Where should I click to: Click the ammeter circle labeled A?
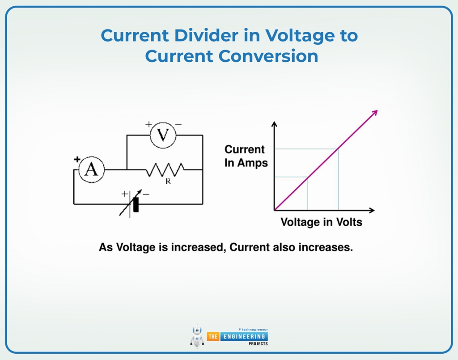click(91, 169)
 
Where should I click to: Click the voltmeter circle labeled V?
click(163, 135)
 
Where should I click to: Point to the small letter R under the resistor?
click(168, 182)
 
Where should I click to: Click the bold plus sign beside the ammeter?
click(77, 159)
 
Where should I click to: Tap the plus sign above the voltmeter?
click(148, 124)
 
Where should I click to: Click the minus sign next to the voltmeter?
click(178, 124)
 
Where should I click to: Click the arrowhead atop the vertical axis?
click(274, 124)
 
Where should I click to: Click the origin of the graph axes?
click(274, 210)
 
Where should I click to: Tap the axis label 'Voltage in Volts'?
click(321, 222)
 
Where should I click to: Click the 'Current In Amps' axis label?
click(246, 156)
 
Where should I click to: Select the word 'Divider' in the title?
click(210, 35)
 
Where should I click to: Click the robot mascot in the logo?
click(196, 335)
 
